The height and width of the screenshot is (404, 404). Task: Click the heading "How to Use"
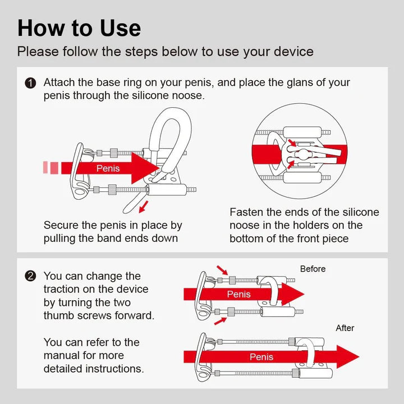pyautogui.click(x=79, y=28)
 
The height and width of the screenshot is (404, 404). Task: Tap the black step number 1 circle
pyautogui.click(x=30, y=83)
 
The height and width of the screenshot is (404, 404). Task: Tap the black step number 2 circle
pyautogui.click(x=30, y=276)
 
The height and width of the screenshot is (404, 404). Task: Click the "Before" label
pyautogui.click(x=313, y=269)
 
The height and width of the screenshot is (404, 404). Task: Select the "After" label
pyautogui.click(x=345, y=328)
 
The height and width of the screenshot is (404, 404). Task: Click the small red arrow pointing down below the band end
pyautogui.click(x=144, y=207)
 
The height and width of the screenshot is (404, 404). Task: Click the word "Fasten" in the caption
pyautogui.click(x=246, y=212)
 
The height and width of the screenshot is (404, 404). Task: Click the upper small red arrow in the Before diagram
pyautogui.click(x=222, y=270)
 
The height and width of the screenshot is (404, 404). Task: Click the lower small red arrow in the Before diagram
pyautogui.click(x=221, y=321)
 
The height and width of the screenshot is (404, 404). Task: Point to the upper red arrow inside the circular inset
pyautogui.click(x=292, y=143)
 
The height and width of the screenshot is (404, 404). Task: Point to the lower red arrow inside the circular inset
pyautogui.click(x=291, y=164)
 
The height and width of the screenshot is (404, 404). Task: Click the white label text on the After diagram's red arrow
pyautogui.click(x=261, y=357)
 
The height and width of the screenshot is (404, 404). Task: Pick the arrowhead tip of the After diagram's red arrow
pyautogui.click(x=359, y=357)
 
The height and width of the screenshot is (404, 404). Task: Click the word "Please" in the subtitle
pyautogui.click(x=38, y=52)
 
